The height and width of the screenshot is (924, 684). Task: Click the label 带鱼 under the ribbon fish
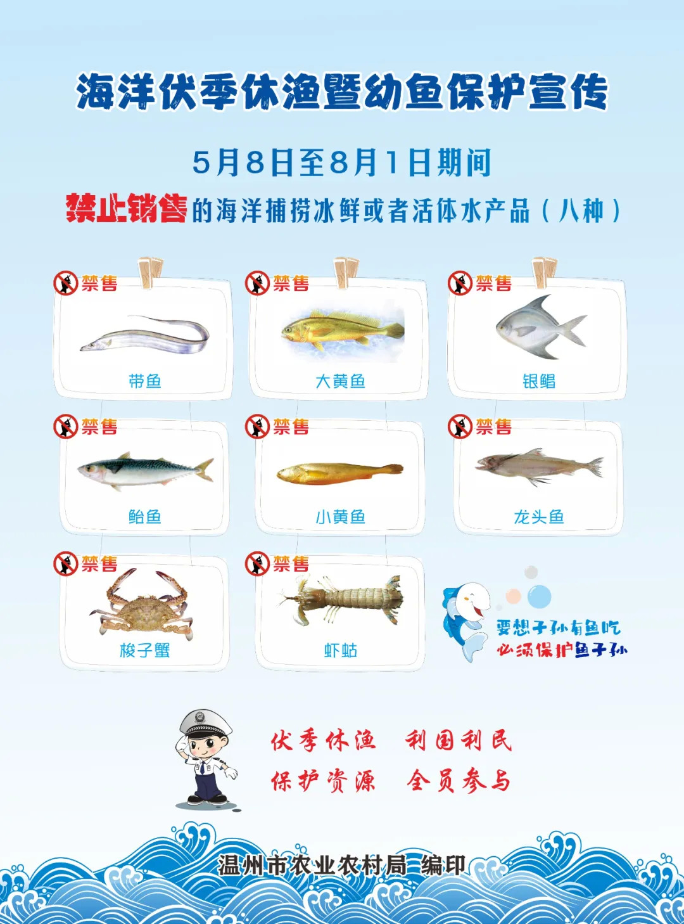click(x=145, y=381)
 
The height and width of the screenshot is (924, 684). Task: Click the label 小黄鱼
click(x=341, y=517)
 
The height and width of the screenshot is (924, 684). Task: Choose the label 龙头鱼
click(x=538, y=517)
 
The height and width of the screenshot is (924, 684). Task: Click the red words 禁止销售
click(x=126, y=209)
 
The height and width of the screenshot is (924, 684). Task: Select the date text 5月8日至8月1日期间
click(x=342, y=162)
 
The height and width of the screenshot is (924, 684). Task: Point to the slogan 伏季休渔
click(x=323, y=740)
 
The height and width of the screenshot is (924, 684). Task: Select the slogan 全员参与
click(x=459, y=781)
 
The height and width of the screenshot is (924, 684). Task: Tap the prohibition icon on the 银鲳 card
click(x=460, y=283)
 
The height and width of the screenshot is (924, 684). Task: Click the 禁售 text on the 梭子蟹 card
click(x=99, y=563)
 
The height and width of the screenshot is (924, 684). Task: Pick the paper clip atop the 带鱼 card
click(x=151, y=273)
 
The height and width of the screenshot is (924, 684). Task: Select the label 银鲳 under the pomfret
click(x=538, y=381)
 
